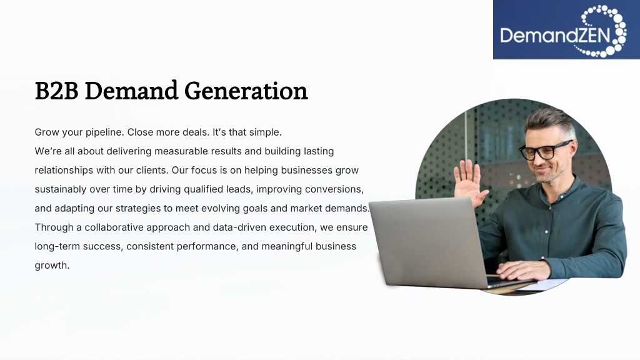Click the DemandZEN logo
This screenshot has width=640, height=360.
coord(566,29)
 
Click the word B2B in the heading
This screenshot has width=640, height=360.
coord(56,91)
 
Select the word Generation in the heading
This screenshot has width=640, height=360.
coord(246,91)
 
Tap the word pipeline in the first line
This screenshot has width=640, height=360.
coord(104,132)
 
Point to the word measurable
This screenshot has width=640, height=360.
coord(181,151)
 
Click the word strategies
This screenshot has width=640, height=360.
coord(138,209)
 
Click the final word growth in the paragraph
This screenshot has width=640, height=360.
coord(52,266)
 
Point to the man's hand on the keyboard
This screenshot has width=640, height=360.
coord(523,270)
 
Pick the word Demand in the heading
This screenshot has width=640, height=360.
coord(131,91)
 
